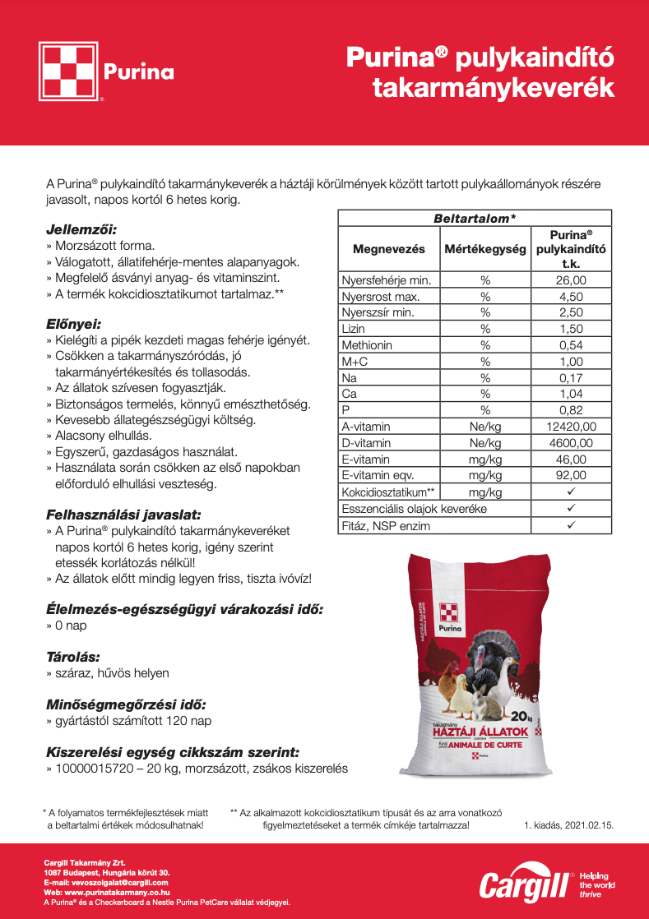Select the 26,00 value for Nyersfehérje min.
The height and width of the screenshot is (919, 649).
point(571,280)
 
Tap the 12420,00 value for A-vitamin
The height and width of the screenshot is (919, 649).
point(571,427)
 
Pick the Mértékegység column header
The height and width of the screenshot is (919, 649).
point(484,248)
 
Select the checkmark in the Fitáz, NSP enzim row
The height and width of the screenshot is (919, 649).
point(571,524)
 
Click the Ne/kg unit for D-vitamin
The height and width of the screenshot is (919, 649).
point(484,443)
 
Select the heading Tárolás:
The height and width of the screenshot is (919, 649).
point(73,657)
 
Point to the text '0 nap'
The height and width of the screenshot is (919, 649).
point(71,626)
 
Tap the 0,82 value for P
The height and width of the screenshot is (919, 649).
point(571,410)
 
